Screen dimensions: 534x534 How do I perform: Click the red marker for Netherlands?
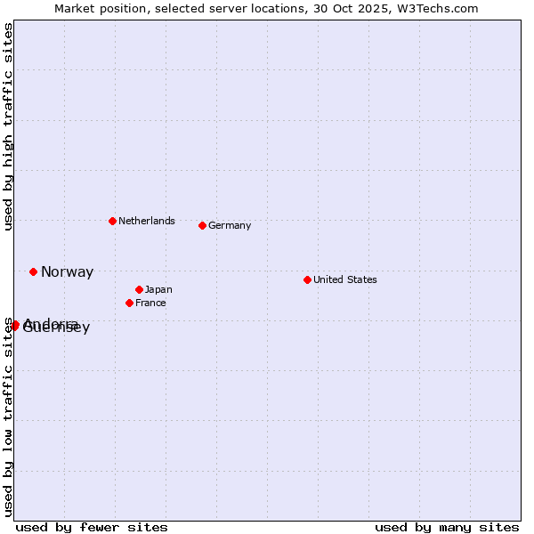[x=112, y=221]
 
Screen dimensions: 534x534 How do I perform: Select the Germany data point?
[x=203, y=225]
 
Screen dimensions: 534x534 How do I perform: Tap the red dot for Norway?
[x=34, y=271]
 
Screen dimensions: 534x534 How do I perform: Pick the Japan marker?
[x=140, y=289]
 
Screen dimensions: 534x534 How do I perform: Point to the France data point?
[x=130, y=303]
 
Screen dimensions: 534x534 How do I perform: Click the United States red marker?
[x=307, y=279]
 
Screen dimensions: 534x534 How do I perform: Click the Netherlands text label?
[x=147, y=221]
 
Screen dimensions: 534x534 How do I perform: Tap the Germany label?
[x=230, y=225]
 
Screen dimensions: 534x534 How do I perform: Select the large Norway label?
[x=67, y=272]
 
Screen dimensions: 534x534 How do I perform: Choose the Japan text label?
[x=158, y=289]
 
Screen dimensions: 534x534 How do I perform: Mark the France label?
[x=150, y=303]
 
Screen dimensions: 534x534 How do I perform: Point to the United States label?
[x=345, y=279]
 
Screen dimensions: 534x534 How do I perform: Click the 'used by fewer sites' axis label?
[x=92, y=527]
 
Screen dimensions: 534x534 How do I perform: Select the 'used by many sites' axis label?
[x=447, y=527]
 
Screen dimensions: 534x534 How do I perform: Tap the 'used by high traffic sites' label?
[x=8, y=126]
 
